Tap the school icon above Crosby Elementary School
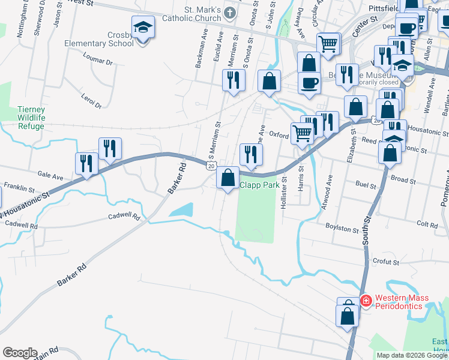pyautogui.click(x=143, y=28)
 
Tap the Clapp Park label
pyautogui.click(x=260, y=185)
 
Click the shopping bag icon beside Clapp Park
pyautogui.click(x=228, y=178)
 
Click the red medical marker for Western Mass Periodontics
pyautogui.click(x=365, y=299)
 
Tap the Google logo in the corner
pyautogui.click(x=20, y=353)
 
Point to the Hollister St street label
pyautogui.click(x=284, y=192)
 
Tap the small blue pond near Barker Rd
pyautogui.click(x=182, y=210)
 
